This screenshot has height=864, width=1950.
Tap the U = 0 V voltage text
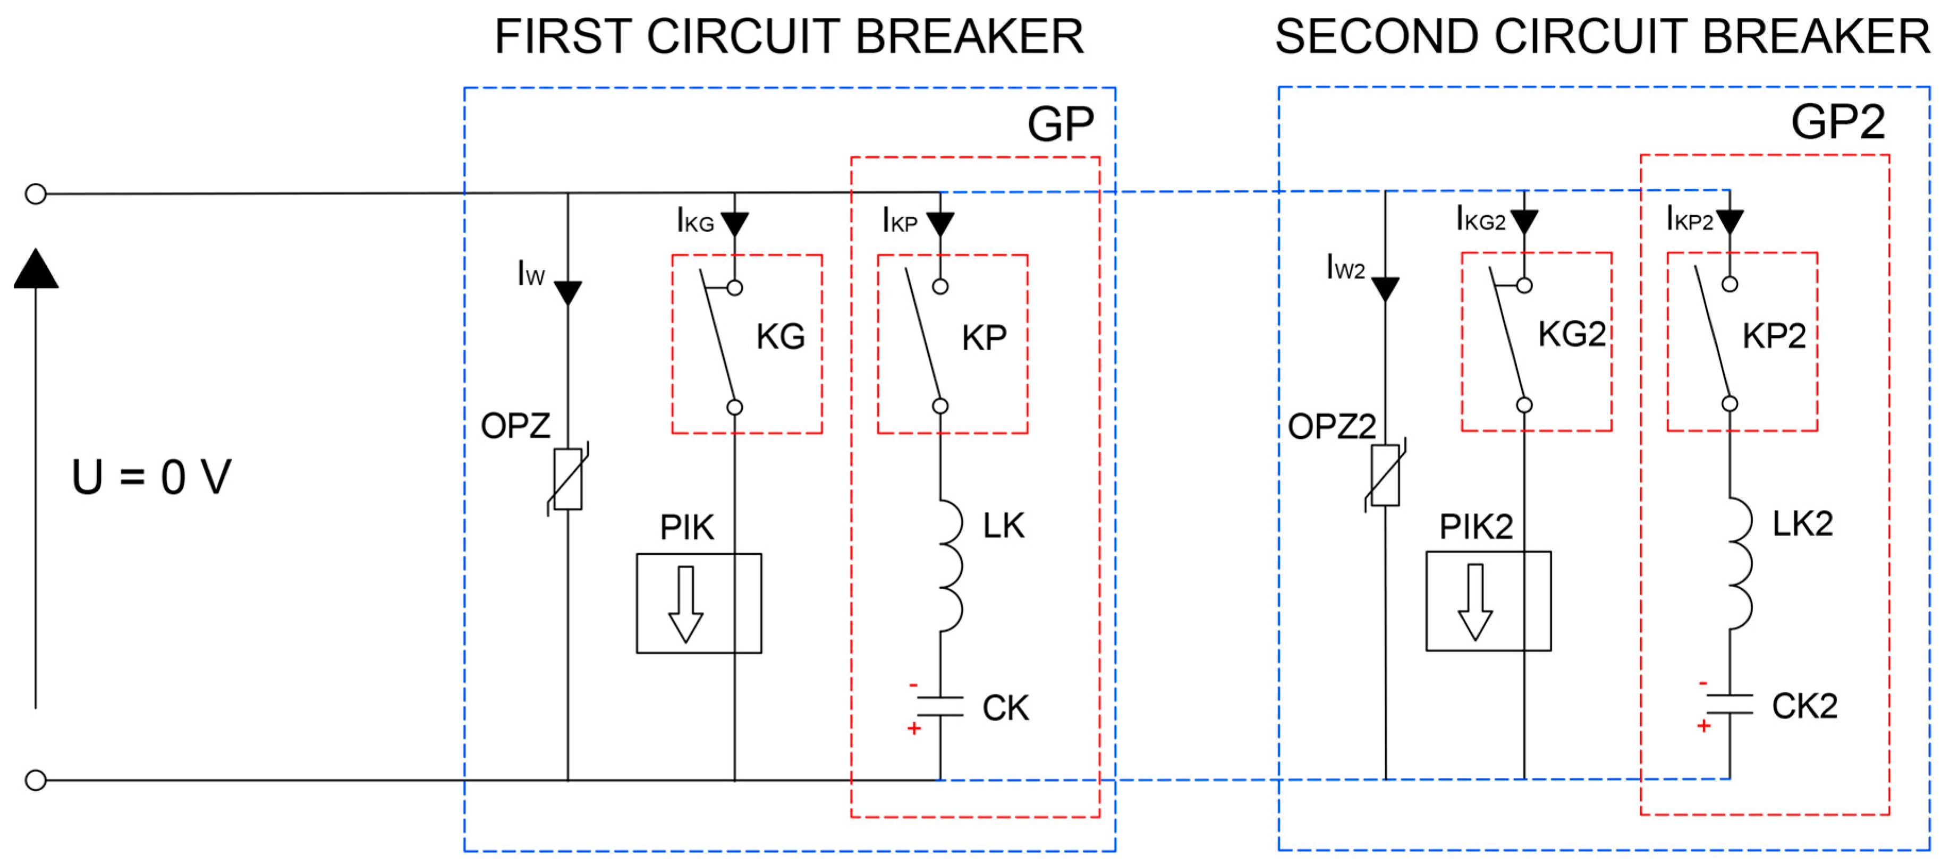[x=151, y=477]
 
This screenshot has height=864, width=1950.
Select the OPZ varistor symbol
[x=568, y=479]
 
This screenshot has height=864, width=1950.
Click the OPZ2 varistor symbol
[x=1385, y=475]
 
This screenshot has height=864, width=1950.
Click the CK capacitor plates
[x=940, y=706]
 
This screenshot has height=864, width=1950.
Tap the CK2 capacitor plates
[x=1729, y=704]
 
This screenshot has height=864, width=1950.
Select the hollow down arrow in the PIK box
[x=686, y=604]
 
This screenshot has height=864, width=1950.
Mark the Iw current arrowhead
[x=568, y=292]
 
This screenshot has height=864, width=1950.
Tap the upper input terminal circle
[x=36, y=194]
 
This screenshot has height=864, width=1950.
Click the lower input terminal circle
[x=36, y=780]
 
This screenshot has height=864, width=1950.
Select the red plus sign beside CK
[x=914, y=729]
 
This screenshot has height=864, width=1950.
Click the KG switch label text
[x=781, y=337]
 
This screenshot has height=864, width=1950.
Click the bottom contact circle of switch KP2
[x=1729, y=404]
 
